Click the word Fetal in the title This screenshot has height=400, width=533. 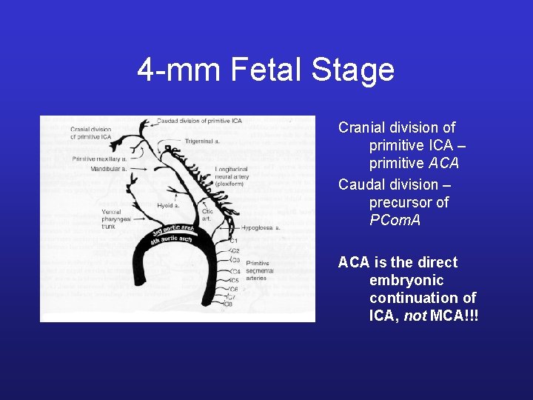(x=266, y=70)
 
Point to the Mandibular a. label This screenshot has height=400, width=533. (x=109, y=169)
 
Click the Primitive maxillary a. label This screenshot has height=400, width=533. (x=98, y=159)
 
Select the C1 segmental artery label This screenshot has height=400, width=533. (x=233, y=241)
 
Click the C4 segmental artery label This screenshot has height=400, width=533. (x=234, y=271)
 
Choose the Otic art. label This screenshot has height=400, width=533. (x=207, y=214)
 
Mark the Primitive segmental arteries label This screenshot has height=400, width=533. (x=259, y=271)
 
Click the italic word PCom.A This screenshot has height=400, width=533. (x=395, y=220)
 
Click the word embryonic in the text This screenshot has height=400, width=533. (x=406, y=280)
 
